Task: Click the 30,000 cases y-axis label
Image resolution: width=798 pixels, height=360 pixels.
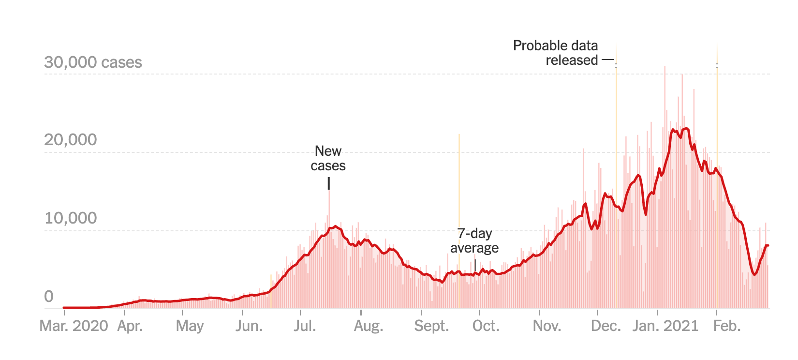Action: pos(93,62)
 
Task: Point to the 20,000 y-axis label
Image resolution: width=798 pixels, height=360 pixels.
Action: pos(71,140)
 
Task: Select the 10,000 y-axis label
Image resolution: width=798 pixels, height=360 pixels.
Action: pos(71,218)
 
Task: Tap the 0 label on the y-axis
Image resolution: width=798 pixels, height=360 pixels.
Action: pos(49,297)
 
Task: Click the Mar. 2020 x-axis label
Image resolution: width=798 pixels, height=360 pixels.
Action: pos(74,326)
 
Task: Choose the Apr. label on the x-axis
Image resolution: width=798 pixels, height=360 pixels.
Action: pos(130,326)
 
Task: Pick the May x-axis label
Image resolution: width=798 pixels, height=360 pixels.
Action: pos(190,326)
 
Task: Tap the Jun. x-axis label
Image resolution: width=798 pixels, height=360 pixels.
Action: pos(249,326)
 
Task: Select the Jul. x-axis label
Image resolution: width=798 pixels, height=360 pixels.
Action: pos(305,326)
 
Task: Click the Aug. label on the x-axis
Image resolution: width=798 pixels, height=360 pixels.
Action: pos(369,326)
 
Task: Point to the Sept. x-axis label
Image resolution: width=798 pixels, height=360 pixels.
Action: pos(431,326)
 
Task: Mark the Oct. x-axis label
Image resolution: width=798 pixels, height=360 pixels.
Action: pos(486,326)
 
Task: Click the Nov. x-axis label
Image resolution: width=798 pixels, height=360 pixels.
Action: pos(547,326)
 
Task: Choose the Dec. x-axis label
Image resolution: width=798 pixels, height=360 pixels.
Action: pos(606,326)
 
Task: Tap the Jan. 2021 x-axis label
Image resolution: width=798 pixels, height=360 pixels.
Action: pos(665,326)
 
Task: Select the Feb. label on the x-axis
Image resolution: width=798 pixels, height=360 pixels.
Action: pos(727,326)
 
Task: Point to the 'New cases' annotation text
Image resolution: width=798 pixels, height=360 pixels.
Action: pos(328,158)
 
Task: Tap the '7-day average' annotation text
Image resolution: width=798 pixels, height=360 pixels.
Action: pos(474,240)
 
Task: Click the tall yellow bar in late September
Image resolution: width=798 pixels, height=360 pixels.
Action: pos(459,194)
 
